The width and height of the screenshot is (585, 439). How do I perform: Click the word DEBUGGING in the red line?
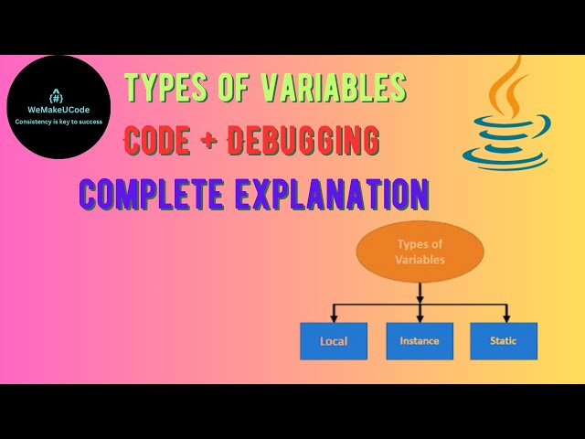click(x=304, y=140)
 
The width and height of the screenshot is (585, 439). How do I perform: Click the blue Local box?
click(x=334, y=341)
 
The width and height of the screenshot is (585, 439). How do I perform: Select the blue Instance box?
click(x=420, y=341)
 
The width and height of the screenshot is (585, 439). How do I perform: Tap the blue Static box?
click(x=504, y=341)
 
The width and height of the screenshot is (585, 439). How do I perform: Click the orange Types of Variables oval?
click(x=420, y=251)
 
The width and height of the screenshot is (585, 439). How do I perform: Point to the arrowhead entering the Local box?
click(x=334, y=318)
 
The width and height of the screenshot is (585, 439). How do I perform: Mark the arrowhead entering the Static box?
click(x=504, y=318)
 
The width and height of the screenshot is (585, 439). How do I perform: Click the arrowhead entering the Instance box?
click(x=420, y=318)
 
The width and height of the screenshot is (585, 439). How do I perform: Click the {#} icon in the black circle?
click(x=57, y=95)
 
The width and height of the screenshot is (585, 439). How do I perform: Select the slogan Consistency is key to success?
click(x=58, y=122)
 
